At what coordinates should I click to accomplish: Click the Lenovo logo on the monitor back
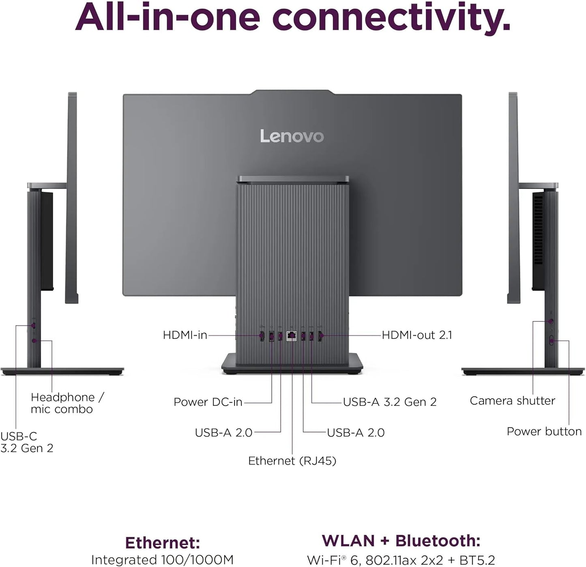pos(292,136)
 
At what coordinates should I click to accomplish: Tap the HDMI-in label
pos(185,335)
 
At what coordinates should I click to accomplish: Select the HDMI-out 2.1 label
pos(417,335)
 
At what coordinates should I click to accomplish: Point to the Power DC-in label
pos(208,402)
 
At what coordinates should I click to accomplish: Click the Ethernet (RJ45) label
pos(292,461)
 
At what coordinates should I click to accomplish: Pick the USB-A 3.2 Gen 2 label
pos(390,402)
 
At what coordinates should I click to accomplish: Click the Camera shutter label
pos(512,401)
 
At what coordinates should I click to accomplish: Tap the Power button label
pos(544,431)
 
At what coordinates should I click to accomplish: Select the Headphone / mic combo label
pos(67,403)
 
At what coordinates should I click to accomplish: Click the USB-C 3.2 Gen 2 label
pos(26,442)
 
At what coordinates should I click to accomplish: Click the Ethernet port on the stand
pos(291,336)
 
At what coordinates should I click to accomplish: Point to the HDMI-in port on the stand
pos(262,336)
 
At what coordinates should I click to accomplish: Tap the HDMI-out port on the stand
pos(320,336)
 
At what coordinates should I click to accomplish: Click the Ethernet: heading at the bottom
pos(162,543)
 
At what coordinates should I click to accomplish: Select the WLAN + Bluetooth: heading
pos(401,541)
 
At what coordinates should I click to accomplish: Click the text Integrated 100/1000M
pos(162,560)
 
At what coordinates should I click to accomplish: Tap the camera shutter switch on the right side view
pos(551,321)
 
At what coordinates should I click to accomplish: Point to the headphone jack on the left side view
pos(34,341)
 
